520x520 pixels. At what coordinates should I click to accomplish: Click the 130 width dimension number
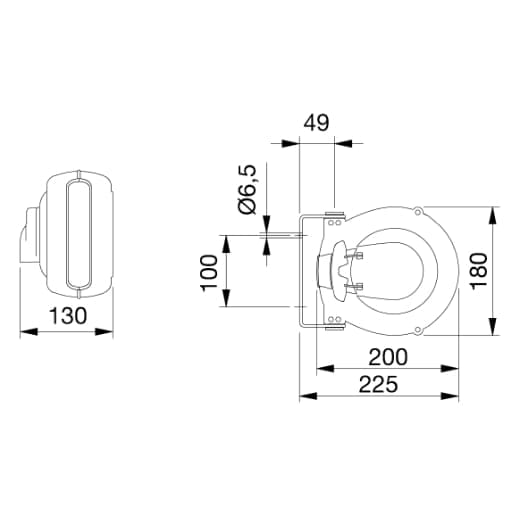click(68, 315)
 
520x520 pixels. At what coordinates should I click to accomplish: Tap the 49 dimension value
click(316, 122)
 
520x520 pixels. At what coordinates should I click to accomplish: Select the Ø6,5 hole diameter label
click(248, 189)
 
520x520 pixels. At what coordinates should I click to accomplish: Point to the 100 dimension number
click(209, 273)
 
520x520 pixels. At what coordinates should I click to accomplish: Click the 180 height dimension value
click(479, 270)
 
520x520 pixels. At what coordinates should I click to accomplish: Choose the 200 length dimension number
click(388, 357)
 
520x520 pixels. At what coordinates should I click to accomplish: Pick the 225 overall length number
click(378, 384)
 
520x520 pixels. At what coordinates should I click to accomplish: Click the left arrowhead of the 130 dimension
click(29, 332)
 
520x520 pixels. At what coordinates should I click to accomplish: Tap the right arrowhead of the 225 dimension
click(450, 396)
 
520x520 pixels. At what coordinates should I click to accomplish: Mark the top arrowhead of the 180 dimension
click(494, 215)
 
